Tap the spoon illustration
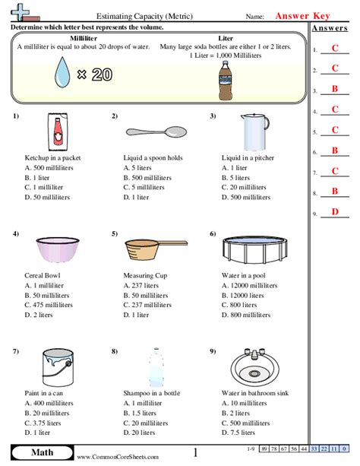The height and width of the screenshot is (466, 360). pos(155,131)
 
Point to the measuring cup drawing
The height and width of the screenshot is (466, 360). pos(151,249)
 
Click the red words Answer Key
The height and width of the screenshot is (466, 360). pos(308,15)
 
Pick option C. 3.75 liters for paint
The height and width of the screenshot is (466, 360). pos(46,423)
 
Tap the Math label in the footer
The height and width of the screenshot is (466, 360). pos(41,453)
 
